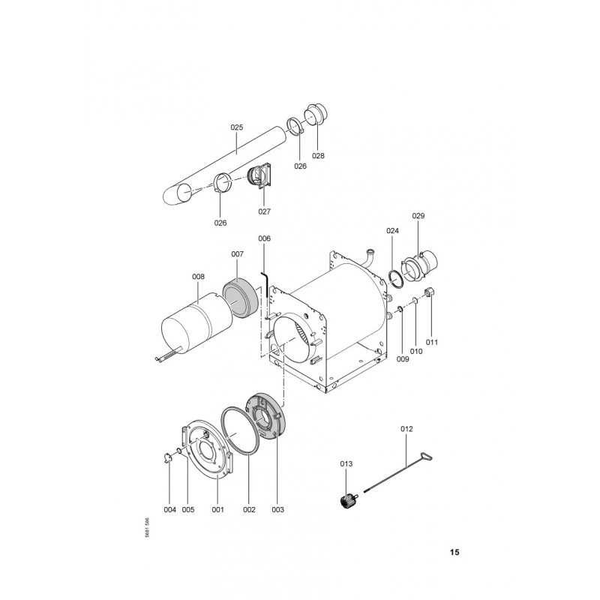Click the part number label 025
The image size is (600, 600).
point(237,127)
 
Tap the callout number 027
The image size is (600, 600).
point(265,211)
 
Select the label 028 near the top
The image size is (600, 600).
point(318,156)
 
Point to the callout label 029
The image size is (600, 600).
point(418,216)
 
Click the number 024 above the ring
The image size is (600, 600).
point(392,231)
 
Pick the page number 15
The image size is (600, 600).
point(454,552)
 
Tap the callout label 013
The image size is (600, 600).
point(346,464)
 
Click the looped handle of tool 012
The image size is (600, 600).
point(427,457)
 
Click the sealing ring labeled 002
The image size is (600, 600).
point(240,430)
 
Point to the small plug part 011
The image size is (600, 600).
point(430,293)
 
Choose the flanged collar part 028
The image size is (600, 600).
point(316,114)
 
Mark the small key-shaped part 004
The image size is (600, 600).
point(167,457)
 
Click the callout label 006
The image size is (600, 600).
point(265,238)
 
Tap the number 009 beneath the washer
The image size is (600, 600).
point(403,359)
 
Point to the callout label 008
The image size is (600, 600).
point(198,277)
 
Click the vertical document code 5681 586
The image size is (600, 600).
point(147,529)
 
